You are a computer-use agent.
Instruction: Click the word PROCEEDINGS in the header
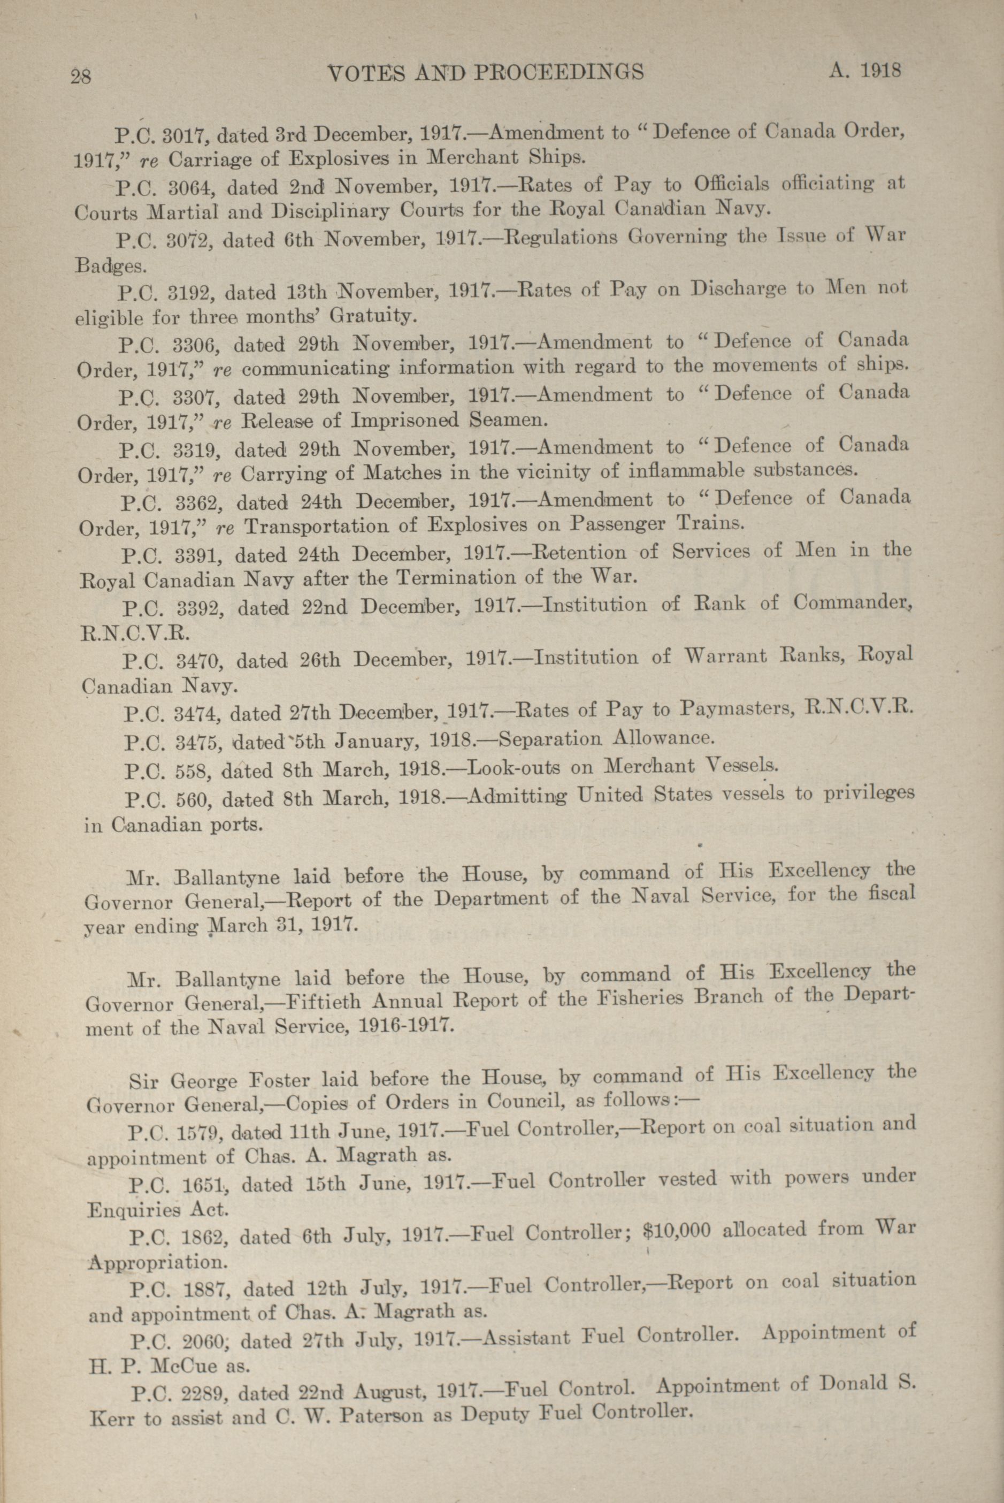[558, 72]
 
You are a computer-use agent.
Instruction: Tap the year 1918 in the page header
[880, 70]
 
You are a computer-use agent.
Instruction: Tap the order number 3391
[196, 554]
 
